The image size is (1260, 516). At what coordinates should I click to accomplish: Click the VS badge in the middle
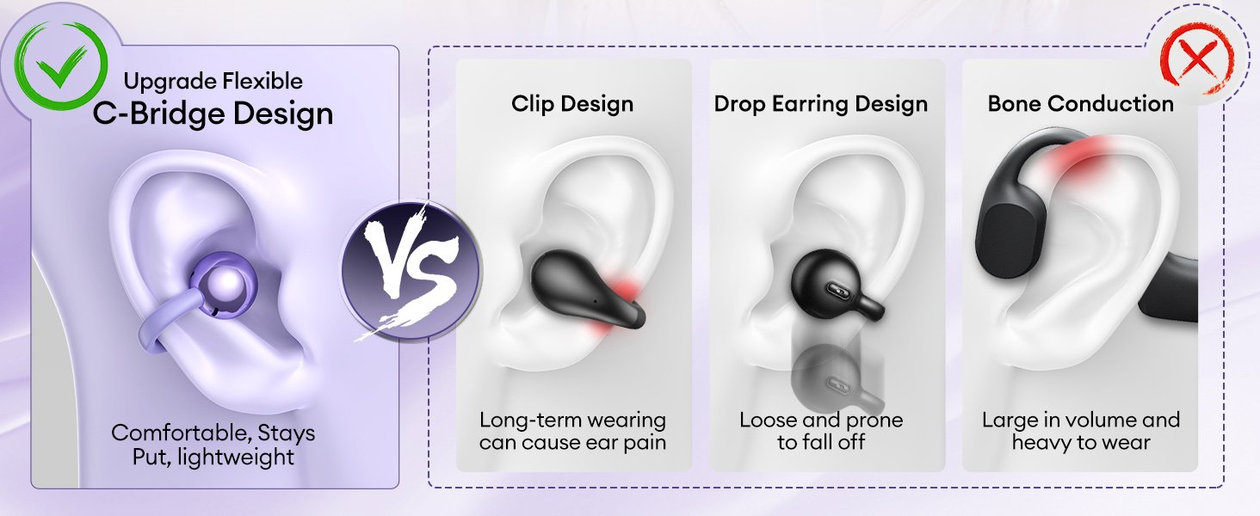coord(411,271)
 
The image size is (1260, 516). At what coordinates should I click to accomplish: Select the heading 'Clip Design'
coord(572,104)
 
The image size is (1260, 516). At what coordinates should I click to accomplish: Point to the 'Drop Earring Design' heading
coord(821,104)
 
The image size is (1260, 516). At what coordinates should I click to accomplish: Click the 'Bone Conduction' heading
coord(1081,104)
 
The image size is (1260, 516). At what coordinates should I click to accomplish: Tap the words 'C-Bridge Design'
coord(213,114)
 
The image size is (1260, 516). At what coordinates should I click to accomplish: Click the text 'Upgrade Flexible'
coord(213,82)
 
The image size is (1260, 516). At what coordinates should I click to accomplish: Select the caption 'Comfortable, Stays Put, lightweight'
coord(213,445)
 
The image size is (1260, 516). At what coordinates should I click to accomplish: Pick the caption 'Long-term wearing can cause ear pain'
coord(572,431)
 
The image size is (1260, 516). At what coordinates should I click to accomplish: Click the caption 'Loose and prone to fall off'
coord(821,431)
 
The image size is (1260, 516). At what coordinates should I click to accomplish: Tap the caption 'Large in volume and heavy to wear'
coord(1081,431)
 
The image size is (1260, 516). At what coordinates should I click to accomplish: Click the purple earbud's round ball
coord(225,283)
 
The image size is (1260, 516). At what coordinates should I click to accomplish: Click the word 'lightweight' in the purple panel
coord(235,457)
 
